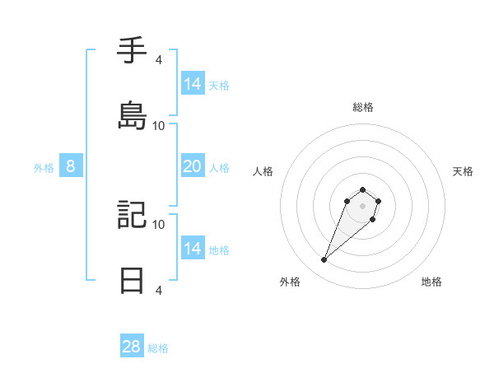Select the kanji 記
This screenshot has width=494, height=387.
click(x=133, y=215)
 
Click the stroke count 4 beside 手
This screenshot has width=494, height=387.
click(x=158, y=60)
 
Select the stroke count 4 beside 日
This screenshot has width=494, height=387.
click(x=158, y=290)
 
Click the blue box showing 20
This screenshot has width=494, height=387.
click(x=192, y=166)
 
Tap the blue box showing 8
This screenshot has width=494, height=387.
click(x=71, y=166)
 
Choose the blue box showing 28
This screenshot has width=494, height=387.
click(x=132, y=347)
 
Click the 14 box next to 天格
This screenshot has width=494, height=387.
click(x=192, y=84)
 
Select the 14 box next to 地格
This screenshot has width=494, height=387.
click(x=192, y=249)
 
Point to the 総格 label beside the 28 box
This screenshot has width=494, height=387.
click(x=158, y=348)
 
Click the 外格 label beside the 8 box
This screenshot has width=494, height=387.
click(x=44, y=168)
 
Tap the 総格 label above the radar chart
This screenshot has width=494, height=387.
click(x=362, y=107)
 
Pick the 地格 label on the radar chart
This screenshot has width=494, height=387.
click(x=431, y=282)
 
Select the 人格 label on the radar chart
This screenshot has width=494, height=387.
click(x=263, y=171)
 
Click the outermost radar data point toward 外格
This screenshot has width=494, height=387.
click(x=324, y=260)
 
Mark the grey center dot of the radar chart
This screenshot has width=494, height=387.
click(x=362, y=205)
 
